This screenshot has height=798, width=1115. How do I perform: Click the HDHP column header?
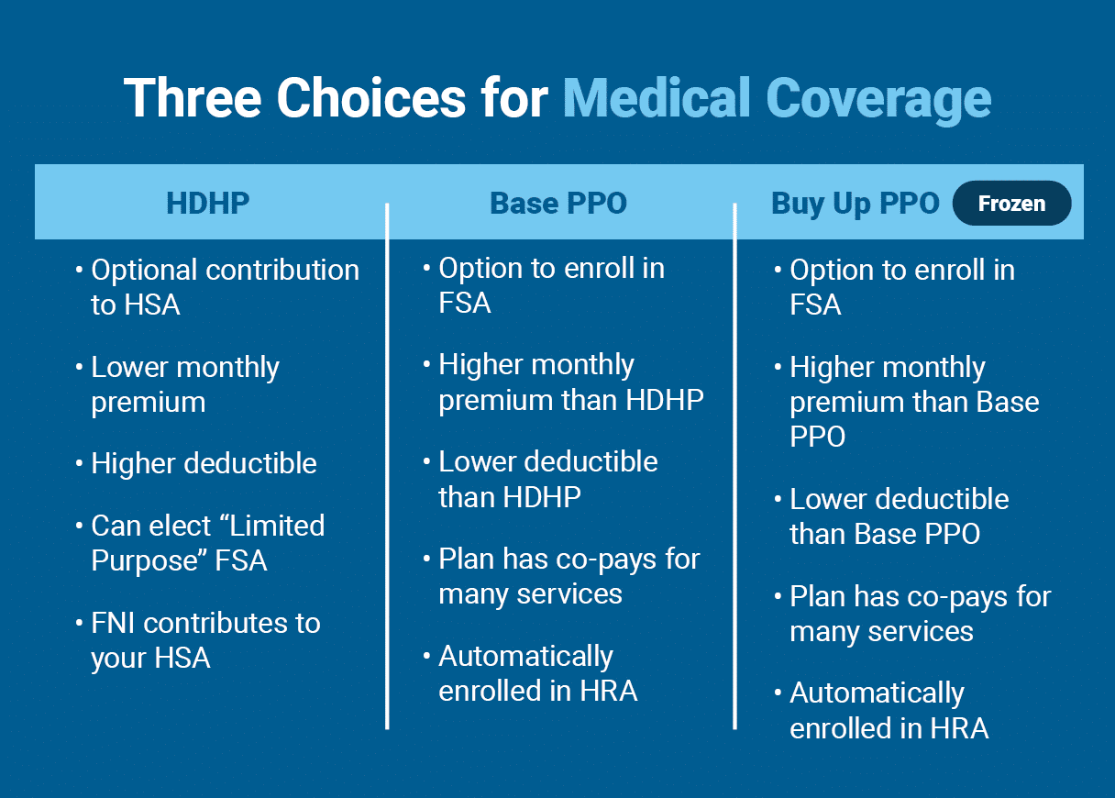207,204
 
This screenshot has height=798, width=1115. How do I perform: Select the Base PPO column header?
558,204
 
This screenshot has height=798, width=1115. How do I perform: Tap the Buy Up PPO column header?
856,204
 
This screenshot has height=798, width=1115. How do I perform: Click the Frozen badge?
1011,204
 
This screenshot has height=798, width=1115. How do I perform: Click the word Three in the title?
193,97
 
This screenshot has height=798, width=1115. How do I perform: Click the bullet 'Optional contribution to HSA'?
225,287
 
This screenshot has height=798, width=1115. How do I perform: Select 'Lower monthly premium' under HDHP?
184,384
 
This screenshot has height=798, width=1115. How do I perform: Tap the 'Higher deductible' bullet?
204,463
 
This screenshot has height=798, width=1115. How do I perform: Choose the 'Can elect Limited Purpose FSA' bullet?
207,543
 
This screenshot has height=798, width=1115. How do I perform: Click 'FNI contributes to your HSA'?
205,640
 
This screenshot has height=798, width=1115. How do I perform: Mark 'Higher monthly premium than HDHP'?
570,382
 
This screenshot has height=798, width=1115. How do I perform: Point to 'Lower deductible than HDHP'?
547,479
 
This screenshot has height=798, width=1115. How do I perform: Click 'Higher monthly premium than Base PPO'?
913,402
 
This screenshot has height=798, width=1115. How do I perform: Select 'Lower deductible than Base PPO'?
899,516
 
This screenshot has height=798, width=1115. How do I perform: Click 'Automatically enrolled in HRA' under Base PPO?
537,673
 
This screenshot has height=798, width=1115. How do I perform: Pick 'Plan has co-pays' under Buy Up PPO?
920,614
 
